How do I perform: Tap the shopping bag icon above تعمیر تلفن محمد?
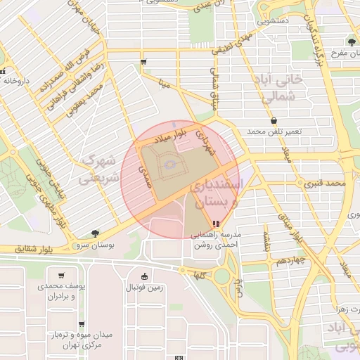click(274, 121)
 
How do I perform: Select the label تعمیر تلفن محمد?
click(274, 132)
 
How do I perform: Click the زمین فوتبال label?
click(144, 288)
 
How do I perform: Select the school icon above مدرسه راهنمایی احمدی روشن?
click(214, 224)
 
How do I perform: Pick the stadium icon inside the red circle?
click(168, 165)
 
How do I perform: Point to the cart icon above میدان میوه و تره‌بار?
click(82, 324)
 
